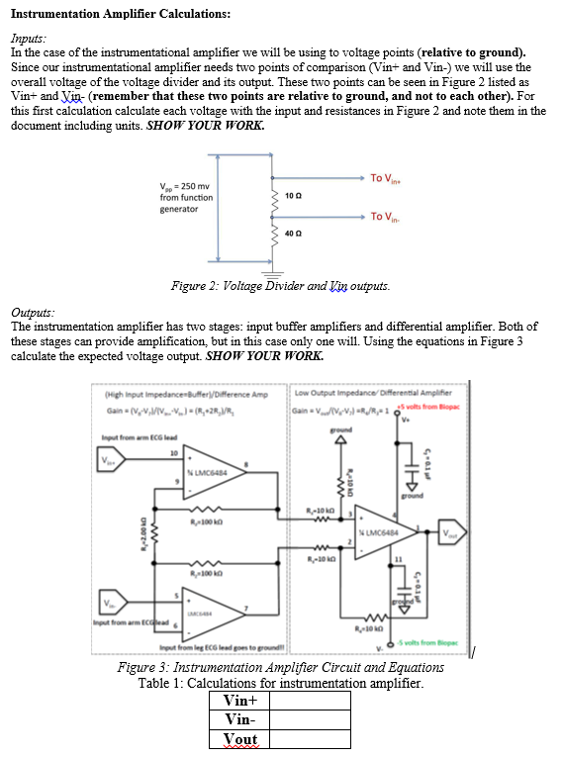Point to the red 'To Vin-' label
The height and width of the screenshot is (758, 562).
click(387, 216)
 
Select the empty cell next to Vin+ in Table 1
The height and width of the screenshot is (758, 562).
click(310, 701)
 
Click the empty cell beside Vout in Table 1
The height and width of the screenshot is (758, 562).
click(310, 739)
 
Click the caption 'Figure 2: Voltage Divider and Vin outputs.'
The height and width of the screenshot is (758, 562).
click(280, 286)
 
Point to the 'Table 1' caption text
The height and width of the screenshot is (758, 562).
click(280, 683)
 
